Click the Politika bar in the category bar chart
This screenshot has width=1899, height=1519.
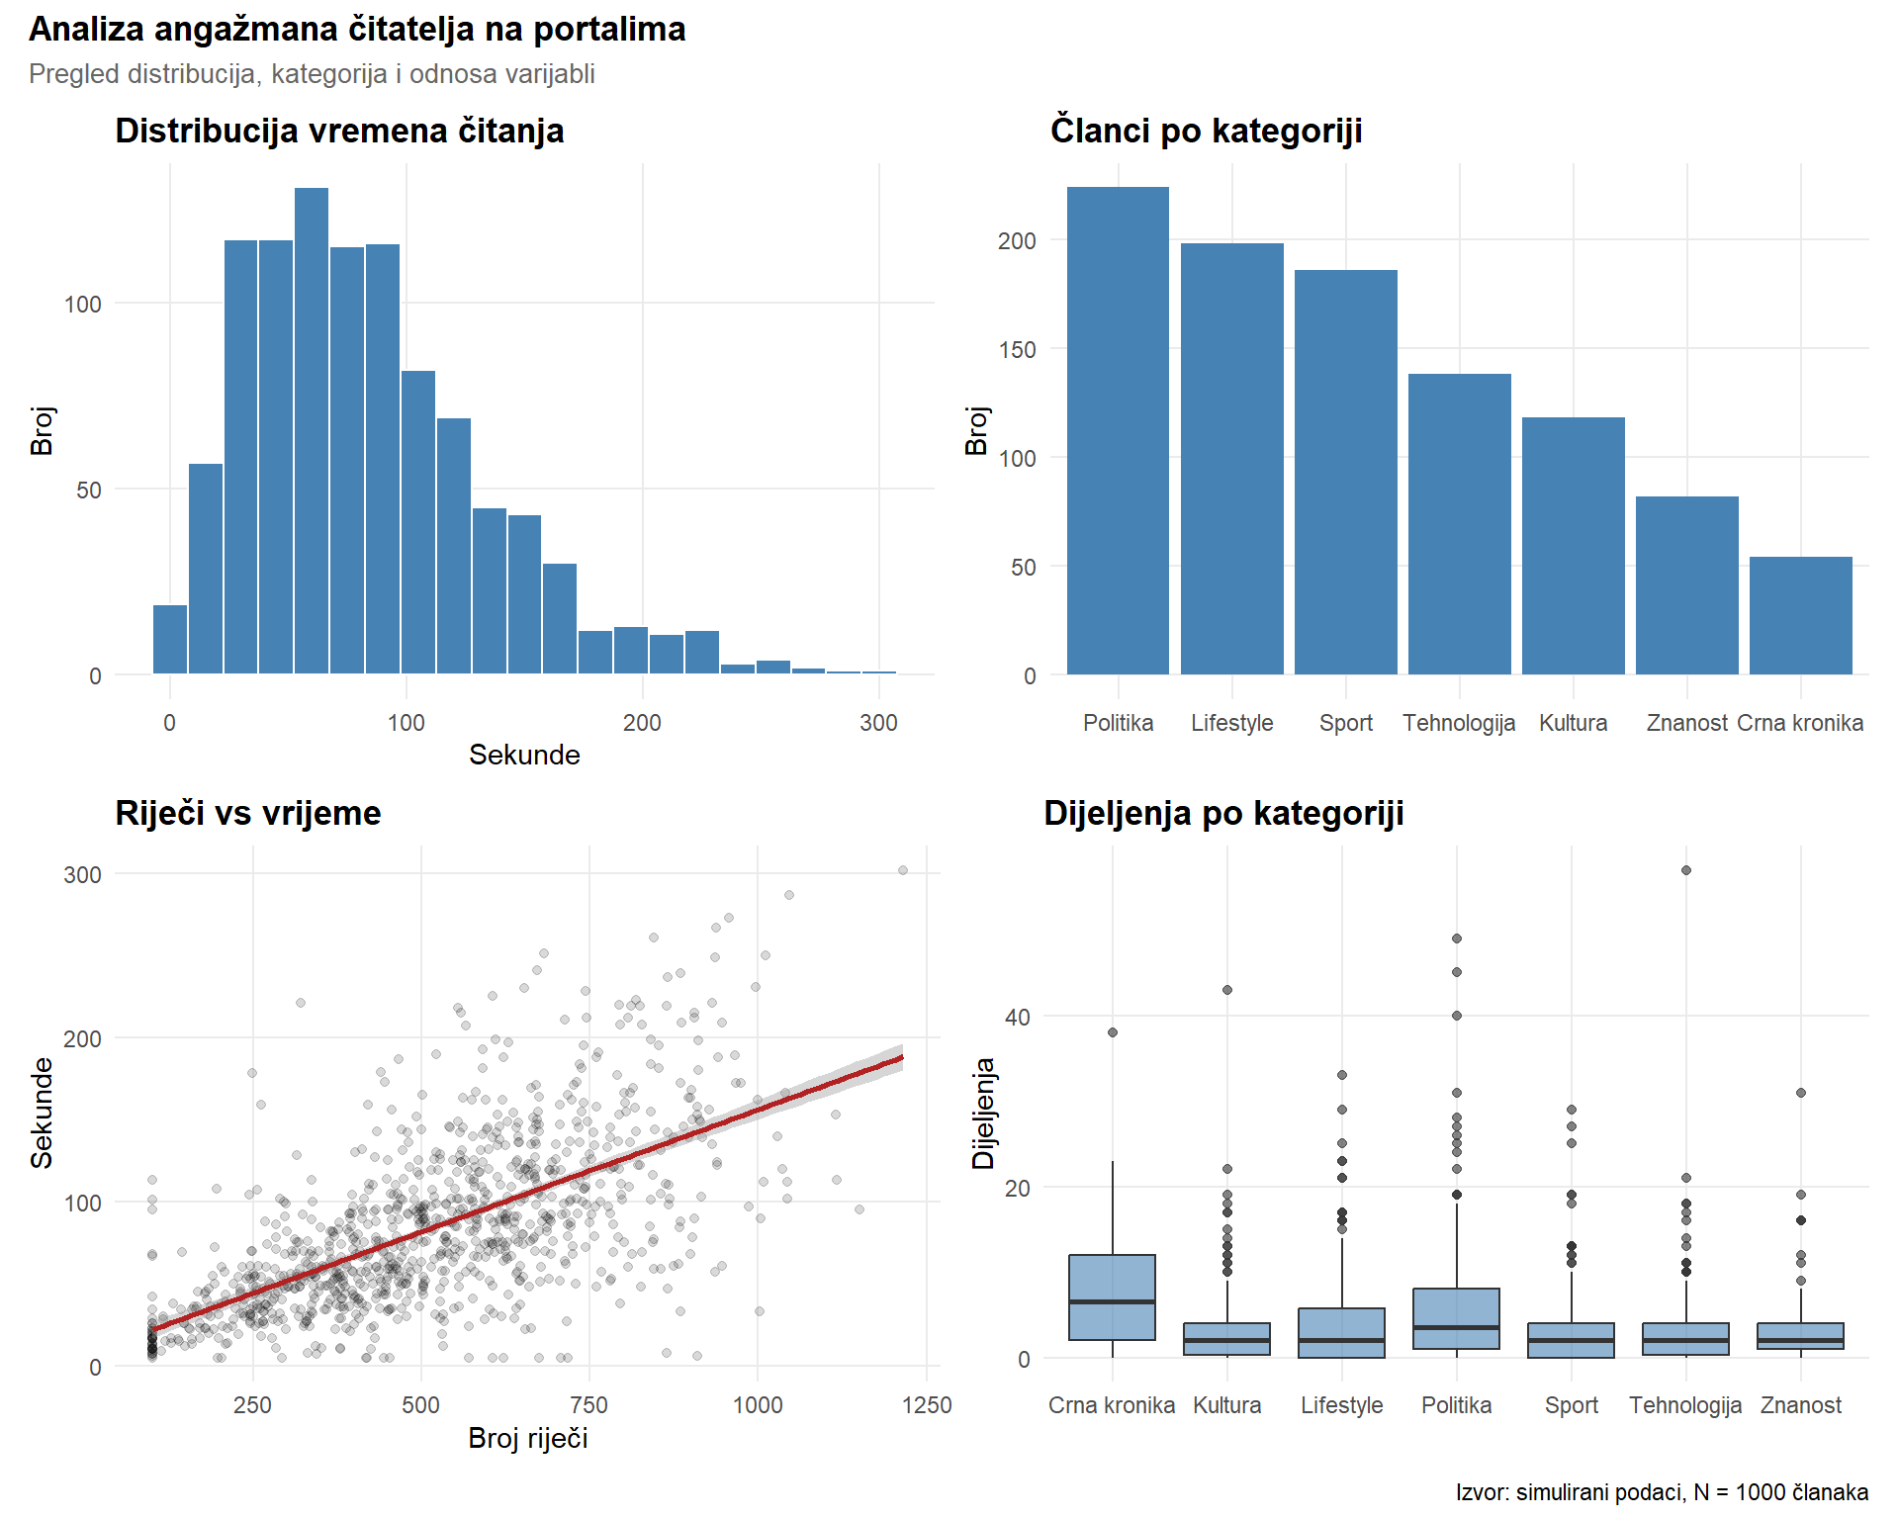coord(1118,431)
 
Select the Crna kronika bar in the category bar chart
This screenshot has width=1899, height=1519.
coord(1800,615)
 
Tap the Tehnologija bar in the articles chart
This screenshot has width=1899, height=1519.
coord(1459,524)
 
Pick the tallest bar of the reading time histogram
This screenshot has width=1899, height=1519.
coord(312,431)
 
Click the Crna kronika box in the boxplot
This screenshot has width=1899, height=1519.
coord(1112,1297)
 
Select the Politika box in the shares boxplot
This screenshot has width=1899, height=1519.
coord(1456,1318)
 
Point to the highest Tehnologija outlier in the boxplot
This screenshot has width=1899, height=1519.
coord(1686,870)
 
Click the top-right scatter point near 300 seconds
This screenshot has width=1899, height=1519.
coord(903,870)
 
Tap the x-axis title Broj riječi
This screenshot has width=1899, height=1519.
coord(528,1438)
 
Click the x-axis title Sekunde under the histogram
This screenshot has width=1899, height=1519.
coord(524,755)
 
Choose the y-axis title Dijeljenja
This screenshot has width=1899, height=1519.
coord(983,1113)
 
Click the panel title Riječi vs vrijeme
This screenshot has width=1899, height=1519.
coord(248,813)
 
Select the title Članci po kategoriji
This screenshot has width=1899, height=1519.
coord(1206,131)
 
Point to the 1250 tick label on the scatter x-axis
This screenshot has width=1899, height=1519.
coord(927,1405)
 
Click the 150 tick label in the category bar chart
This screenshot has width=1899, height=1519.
coord(1017,350)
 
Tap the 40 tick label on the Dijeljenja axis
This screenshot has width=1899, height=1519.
coord(1017,1018)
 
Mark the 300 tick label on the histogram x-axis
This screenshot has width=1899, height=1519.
coord(878,723)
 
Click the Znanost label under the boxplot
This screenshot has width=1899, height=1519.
coord(1800,1405)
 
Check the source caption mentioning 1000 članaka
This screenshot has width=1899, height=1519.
coord(1662,1492)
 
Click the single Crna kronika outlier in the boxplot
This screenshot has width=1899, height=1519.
coord(1113,1032)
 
